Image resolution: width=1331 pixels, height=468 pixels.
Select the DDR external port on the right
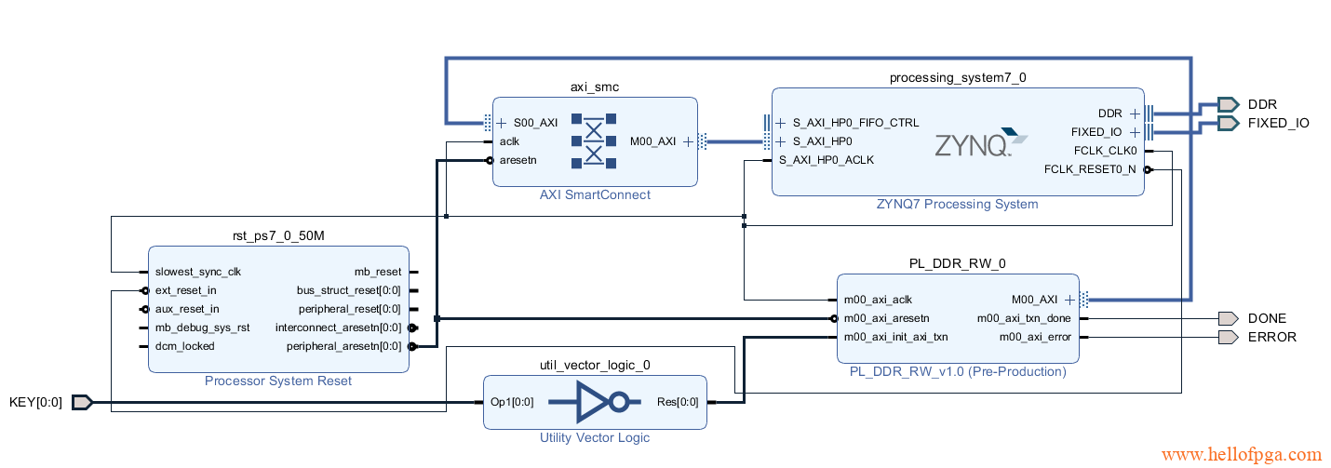1261,104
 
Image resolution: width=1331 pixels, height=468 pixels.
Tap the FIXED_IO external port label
1278,123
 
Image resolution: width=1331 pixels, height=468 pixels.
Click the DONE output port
1266,318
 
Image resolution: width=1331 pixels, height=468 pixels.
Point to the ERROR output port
1271,337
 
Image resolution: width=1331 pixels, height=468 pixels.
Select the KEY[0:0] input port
36,402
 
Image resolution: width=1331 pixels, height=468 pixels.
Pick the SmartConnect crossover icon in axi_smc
594,140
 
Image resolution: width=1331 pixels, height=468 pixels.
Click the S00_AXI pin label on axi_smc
535,123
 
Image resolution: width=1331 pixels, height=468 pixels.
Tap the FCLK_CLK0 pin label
1105,151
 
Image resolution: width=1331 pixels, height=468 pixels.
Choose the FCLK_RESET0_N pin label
1090,169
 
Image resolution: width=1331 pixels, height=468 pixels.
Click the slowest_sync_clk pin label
198,272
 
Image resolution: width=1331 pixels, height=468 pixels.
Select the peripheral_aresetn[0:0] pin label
343,346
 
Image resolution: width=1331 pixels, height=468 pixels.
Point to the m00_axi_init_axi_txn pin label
895,337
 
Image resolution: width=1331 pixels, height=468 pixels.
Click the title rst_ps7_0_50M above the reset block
278,235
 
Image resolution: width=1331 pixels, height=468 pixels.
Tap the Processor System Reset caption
278,381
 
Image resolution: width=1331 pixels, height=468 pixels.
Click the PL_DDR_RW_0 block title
958,263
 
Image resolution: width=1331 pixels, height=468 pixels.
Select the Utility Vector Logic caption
595,437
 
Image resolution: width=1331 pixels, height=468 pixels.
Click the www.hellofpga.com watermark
1242,455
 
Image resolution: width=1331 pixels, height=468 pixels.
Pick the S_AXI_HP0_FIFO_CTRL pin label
855,123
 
